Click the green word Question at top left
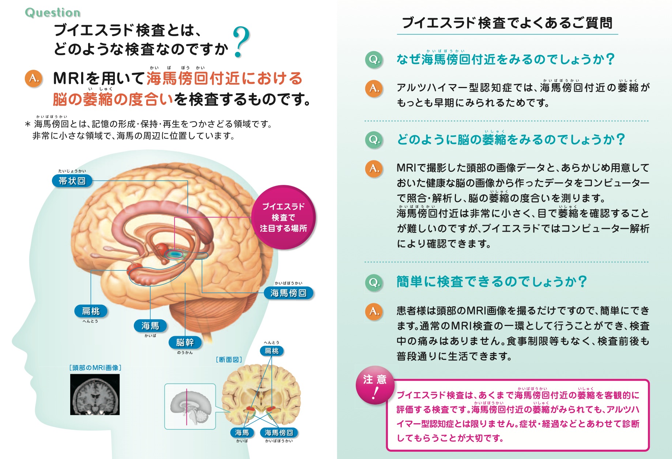pos(53,12)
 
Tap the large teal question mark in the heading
pos(241,42)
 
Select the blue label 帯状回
pos(72,181)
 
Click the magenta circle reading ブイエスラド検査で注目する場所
pos(283,217)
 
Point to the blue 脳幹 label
pos(185,342)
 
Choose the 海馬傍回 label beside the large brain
pos(288,293)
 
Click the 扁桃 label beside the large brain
pos(91,311)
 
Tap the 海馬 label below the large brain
pos(150,326)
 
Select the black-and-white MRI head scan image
pos(95,395)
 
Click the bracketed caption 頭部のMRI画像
pos(95,368)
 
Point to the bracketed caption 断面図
pos(229,360)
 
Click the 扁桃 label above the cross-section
pos(272,351)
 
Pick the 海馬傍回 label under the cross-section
pos(279,433)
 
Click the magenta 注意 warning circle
pos(375,385)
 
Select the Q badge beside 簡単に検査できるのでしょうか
pos(374,282)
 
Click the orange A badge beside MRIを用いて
pos(34,79)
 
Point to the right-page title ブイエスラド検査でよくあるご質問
pos(507,23)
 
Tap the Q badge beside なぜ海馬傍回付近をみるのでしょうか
pos(374,59)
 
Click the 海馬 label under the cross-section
pos(242,433)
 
